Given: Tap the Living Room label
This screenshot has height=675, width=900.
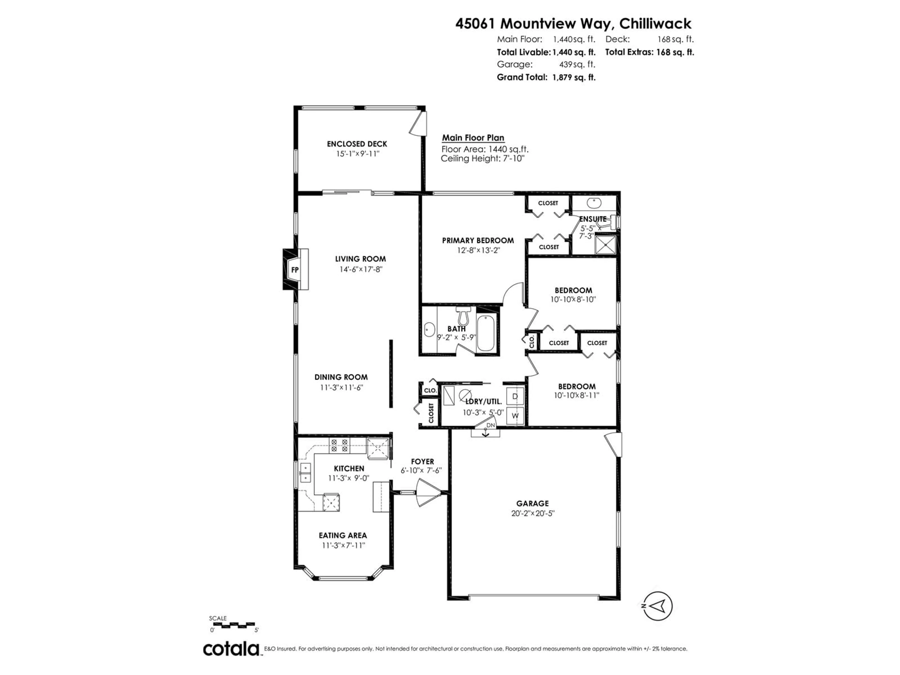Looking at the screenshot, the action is [360, 259].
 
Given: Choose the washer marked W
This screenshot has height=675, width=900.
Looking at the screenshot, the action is [515, 415].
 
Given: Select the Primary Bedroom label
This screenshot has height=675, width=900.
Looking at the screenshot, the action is [478, 240].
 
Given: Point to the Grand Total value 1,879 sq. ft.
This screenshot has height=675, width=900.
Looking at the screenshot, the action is [574, 77].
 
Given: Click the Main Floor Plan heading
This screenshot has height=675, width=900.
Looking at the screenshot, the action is [473, 138].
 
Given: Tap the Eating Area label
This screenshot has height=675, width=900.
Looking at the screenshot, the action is [343, 536].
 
